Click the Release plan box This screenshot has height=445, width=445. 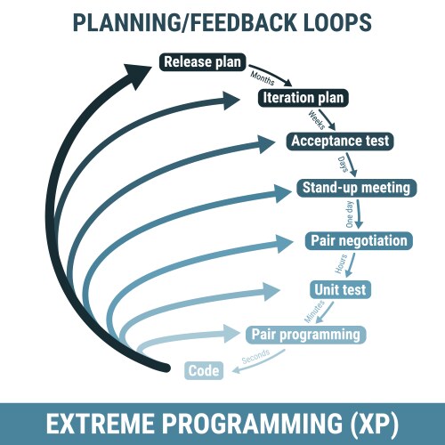pos(203,62)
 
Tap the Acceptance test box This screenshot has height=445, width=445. pos(340,141)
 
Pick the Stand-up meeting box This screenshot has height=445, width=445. pos(355,188)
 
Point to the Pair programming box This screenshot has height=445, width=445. pos(305,334)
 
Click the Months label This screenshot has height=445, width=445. pos(263,77)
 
